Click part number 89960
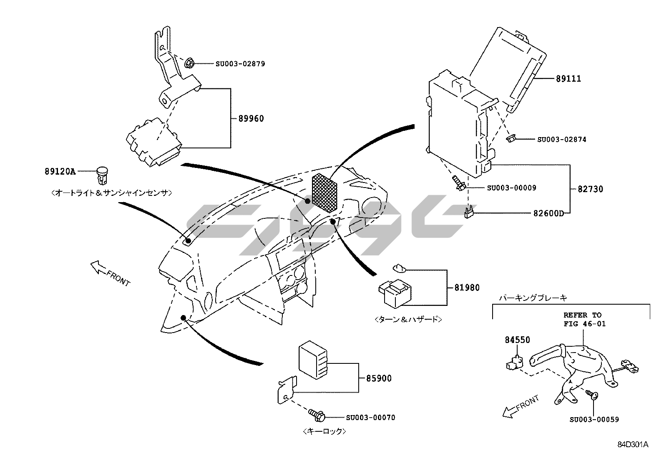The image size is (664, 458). [251, 119]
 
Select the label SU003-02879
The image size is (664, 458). [240, 64]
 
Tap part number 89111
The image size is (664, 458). [568, 79]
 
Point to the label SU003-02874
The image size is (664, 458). [561, 140]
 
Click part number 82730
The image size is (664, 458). [590, 189]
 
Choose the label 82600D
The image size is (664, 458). [548, 213]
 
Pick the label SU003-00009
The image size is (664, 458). [511, 188]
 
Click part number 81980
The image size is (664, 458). [467, 288]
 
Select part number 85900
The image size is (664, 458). [379, 379]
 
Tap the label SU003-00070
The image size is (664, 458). [370, 418]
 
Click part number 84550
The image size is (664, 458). [518, 340]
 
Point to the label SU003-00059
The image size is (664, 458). [594, 420]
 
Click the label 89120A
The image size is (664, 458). [60, 171]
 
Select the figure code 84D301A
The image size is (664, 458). [633, 445]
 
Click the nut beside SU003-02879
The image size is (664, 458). [188, 64]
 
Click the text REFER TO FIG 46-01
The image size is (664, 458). [582, 319]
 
